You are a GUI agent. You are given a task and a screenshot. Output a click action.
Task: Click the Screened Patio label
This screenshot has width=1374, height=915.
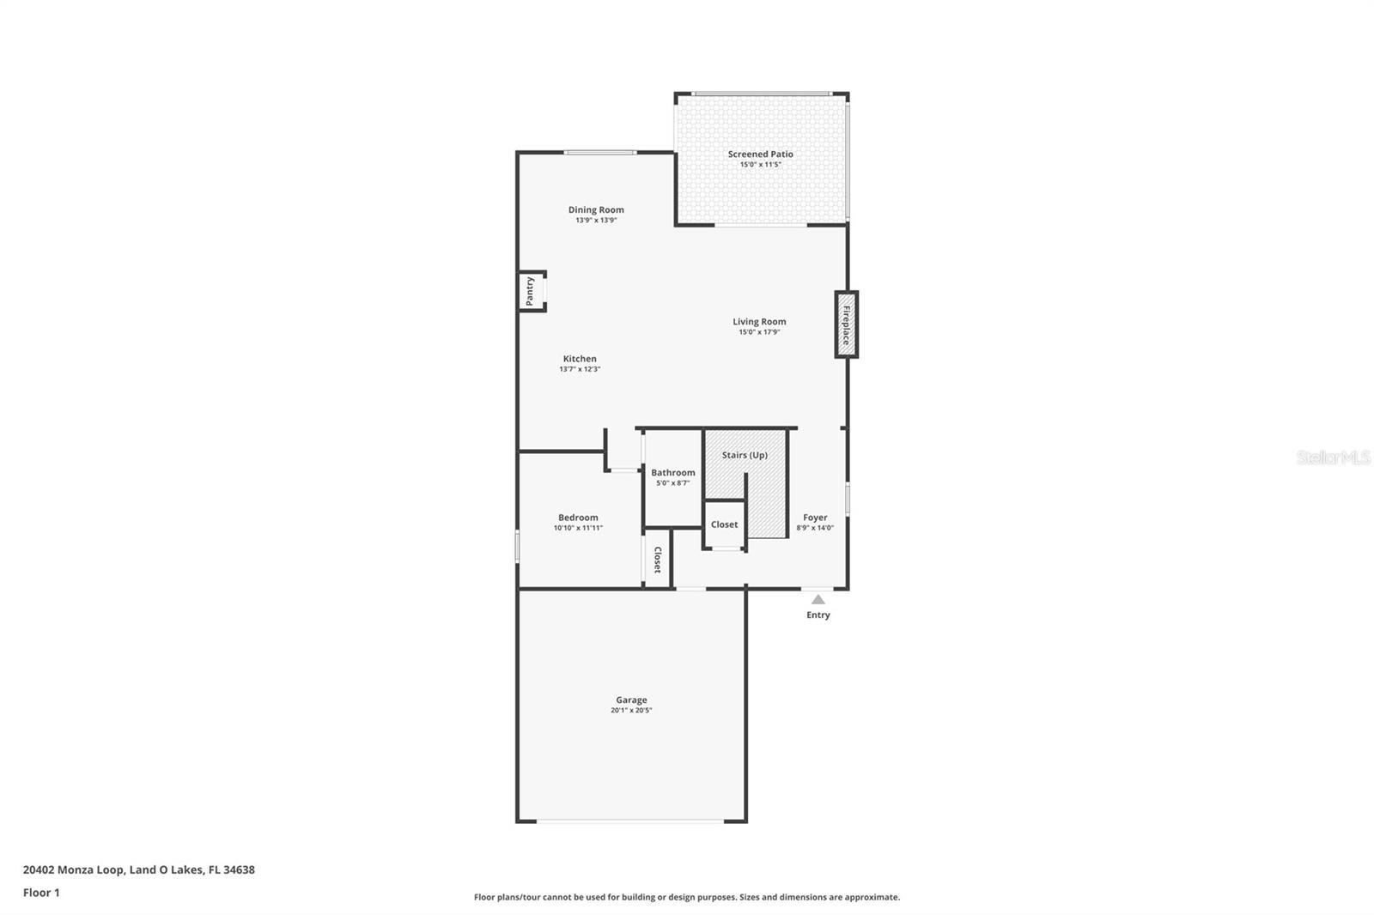[760, 155]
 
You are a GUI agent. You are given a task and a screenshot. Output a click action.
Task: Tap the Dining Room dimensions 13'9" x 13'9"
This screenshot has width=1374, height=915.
[596, 221]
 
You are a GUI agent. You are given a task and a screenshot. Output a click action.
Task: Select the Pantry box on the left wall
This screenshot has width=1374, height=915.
[531, 291]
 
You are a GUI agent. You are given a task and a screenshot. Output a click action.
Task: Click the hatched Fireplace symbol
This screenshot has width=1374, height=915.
[846, 324]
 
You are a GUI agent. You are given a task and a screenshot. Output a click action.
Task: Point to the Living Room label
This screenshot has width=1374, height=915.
[759, 322]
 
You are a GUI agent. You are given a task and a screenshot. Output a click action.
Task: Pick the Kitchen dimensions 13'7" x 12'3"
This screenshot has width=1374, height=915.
[580, 369]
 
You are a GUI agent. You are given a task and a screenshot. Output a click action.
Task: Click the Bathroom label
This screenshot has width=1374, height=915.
[672, 473]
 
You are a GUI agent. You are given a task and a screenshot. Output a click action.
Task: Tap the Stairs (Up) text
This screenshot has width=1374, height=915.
[745, 455]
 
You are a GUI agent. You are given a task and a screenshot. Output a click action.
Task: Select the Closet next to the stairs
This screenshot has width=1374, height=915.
[724, 524]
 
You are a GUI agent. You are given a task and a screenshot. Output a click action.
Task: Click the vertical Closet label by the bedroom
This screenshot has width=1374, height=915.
[658, 561]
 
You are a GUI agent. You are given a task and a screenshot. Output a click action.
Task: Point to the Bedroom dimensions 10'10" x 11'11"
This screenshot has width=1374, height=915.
[578, 528]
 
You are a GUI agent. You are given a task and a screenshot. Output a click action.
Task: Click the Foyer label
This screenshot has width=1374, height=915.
[815, 518]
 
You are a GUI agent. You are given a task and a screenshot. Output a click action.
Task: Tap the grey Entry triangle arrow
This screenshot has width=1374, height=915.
[818, 600]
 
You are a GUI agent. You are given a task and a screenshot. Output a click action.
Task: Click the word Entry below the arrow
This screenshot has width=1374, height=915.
[818, 615]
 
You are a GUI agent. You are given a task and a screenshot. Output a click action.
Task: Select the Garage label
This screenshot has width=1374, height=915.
[631, 700]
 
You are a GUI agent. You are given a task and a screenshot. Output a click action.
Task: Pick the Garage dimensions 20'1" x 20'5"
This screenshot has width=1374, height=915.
[631, 711]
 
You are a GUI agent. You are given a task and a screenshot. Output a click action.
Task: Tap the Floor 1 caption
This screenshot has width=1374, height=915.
[41, 893]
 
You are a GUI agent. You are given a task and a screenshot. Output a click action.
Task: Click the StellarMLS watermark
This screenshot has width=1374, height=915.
[1333, 458]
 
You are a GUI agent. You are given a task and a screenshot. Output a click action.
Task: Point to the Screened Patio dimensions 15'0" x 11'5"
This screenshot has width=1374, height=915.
[760, 165]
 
